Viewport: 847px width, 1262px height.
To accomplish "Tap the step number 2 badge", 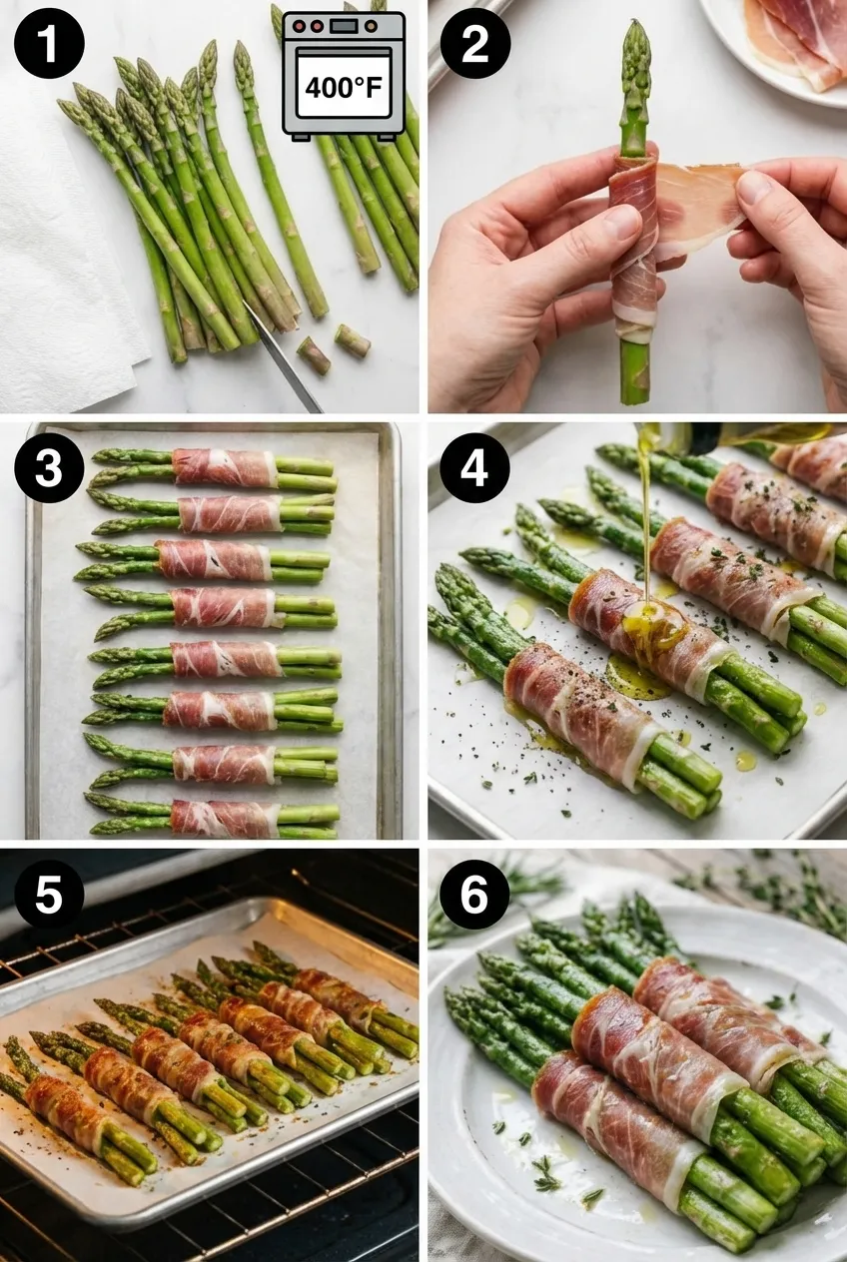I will [475, 43].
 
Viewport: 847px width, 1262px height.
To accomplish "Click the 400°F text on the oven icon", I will [343, 88].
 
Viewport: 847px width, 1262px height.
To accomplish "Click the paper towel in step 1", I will [60, 270].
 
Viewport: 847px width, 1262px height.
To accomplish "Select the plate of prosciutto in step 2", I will [789, 40].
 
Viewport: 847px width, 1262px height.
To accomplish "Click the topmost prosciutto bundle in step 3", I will [225, 467].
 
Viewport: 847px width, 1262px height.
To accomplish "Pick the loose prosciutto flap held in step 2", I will [699, 205].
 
